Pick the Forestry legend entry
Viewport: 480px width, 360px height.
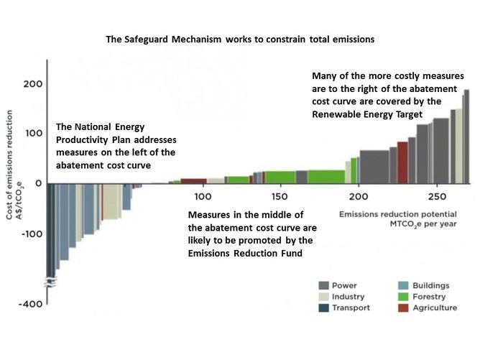click(x=429, y=297)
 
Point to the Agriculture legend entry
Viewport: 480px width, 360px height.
click(x=434, y=308)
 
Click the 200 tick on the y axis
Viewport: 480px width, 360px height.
click(x=33, y=84)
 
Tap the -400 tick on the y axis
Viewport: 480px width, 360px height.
click(x=31, y=304)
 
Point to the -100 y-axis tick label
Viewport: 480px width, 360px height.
click(x=31, y=234)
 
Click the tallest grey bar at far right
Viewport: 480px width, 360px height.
click(x=466, y=137)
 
